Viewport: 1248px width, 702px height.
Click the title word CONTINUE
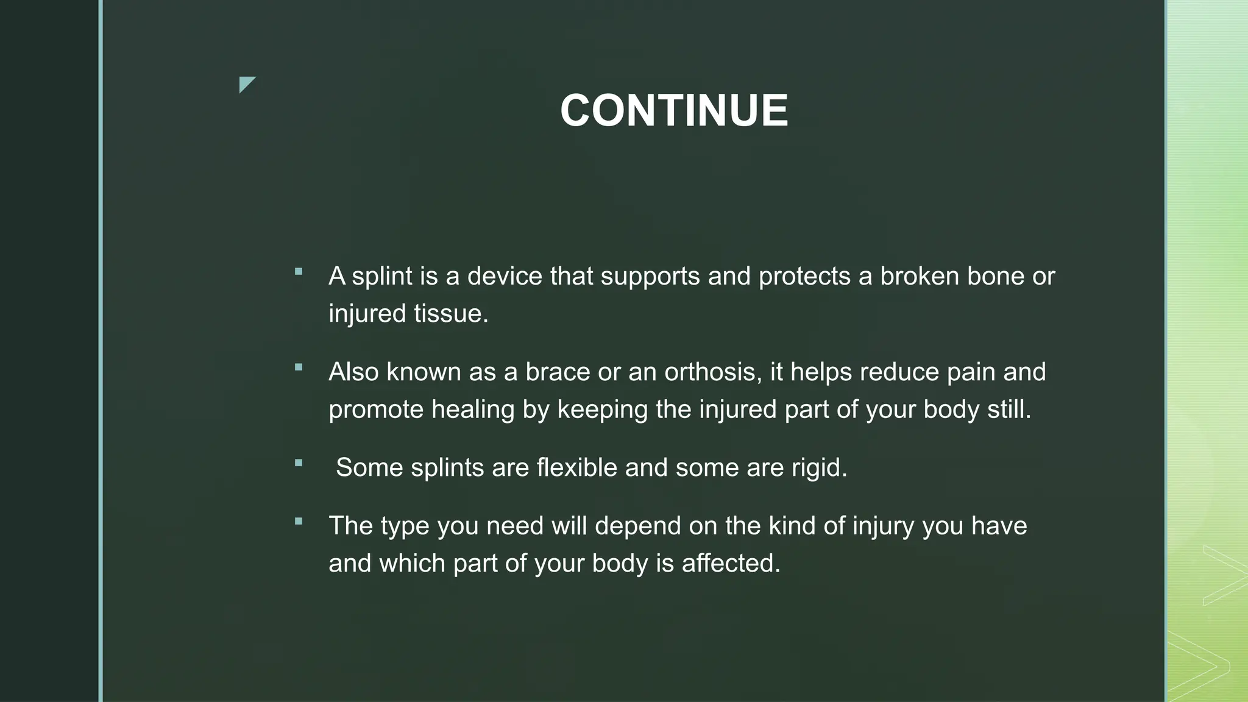tap(674, 110)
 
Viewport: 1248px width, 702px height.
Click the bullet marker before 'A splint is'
tap(298, 272)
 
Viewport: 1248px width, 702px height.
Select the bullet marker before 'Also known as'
tap(298, 367)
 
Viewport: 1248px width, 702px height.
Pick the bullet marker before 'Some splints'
tap(298, 463)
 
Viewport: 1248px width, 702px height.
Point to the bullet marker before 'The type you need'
tap(298, 522)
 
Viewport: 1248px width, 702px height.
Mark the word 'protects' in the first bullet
tap(804, 277)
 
